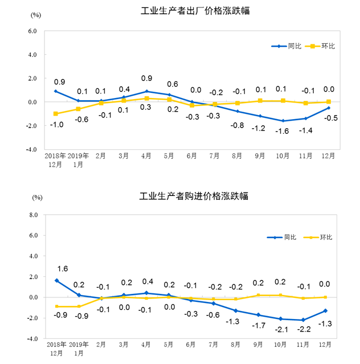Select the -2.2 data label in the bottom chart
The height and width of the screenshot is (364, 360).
tap(305, 329)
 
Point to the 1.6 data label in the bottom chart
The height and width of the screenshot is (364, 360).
tap(63, 268)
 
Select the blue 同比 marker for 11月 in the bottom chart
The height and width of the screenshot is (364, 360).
tap(305, 320)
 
